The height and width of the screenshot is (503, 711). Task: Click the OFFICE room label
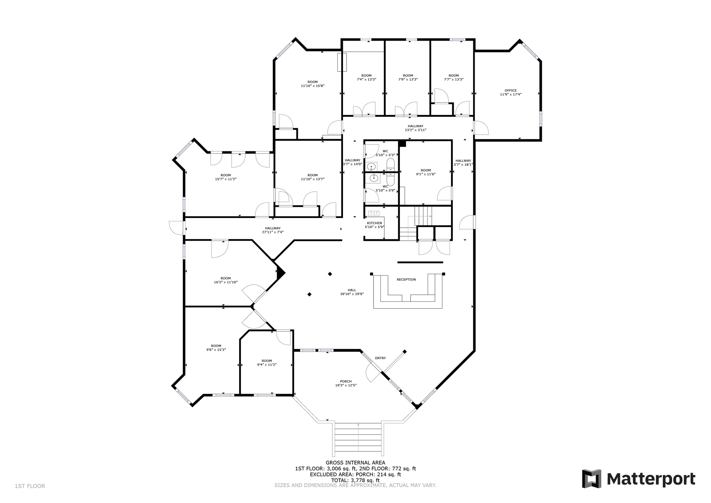(x=510, y=91)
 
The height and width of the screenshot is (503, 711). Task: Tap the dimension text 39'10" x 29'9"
(x=352, y=294)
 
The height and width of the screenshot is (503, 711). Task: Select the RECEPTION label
(x=406, y=279)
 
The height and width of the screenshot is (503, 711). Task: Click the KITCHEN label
(x=374, y=223)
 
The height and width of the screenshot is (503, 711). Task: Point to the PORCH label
(x=346, y=382)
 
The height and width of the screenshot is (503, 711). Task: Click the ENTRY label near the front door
(x=380, y=358)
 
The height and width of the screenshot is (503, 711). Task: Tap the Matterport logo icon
(x=591, y=479)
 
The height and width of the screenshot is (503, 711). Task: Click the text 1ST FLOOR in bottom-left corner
(x=30, y=486)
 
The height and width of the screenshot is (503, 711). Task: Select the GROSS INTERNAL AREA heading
(x=355, y=463)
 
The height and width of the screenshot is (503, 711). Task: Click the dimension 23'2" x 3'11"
(x=415, y=130)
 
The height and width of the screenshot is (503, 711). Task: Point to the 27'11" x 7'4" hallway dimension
(x=273, y=232)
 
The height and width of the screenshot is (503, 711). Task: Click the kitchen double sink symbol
(x=374, y=213)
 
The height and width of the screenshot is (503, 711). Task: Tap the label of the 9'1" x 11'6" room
(x=426, y=170)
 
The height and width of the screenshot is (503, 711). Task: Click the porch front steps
(x=358, y=439)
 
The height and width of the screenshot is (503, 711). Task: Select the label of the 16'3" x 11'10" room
(x=225, y=278)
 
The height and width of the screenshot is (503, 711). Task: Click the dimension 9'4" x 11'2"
(x=267, y=365)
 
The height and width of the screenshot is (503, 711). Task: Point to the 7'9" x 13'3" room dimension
(x=408, y=79)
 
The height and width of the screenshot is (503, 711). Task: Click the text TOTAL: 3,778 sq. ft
(x=355, y=480)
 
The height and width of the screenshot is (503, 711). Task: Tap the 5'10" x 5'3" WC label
(x=385, y=151)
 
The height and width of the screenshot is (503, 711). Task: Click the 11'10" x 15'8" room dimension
(x=312, y=86)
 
